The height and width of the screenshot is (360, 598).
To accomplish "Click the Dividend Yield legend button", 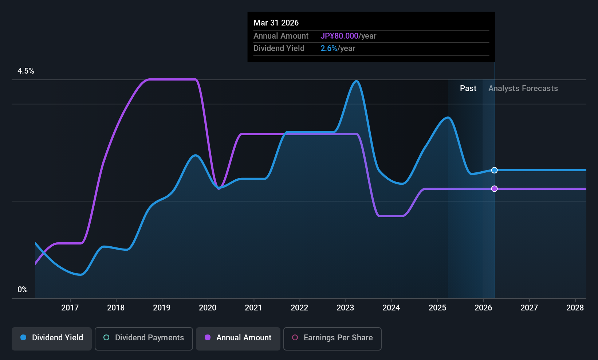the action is pyautogui.click(x=51, y=339).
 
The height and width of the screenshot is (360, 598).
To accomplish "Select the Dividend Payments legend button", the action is pyautogui.click(x=143, y=339).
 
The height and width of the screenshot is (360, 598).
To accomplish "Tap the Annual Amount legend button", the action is pyautogui.click(x=238, y=339).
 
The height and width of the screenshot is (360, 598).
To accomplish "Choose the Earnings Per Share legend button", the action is pyautogui.click(x=333, y=339).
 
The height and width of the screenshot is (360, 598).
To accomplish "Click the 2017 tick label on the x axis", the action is pyautogui.click(x=70, y=308).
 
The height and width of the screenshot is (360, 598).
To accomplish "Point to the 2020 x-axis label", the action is pyautogui.click(x=208, y=308).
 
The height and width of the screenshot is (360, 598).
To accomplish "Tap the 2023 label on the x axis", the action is pyautogui.click(x=346, y=308).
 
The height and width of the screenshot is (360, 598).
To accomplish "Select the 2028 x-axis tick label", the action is pyautogui.click(x=575, y=308).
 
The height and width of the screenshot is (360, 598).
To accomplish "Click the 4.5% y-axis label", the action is pyautogui.click(x=25, y=71).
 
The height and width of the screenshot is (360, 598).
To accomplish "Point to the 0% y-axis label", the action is pyautogui.click(x=23, y=290).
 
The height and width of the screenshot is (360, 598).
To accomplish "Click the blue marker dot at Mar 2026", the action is pyautogui.click(x=495, y=170).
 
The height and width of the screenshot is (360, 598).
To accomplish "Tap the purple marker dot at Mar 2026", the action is pyautogui.click(x=495, y=189).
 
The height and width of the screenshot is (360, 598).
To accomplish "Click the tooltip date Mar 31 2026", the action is pyautogui.click(x=276, y=23).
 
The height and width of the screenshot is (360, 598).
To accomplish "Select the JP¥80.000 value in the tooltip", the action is pyautogui.click(x=339, y=36).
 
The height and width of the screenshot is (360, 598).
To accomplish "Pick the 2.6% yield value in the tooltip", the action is pyautogui.click(x=328, y=48).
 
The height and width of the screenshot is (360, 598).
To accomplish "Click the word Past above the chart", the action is pyautogui.click(x=468, y=89).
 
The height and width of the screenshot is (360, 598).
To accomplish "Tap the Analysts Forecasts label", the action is pyautogui.click(x=523, y=89).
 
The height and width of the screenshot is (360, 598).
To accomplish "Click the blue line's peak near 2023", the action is pyautogui.click(x=357, y=81).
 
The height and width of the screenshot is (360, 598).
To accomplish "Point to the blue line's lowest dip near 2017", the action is pyautogui.click(x=80, y=274).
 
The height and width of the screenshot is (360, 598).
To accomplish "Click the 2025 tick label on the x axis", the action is pyautogui.click(x=437, y=308).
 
